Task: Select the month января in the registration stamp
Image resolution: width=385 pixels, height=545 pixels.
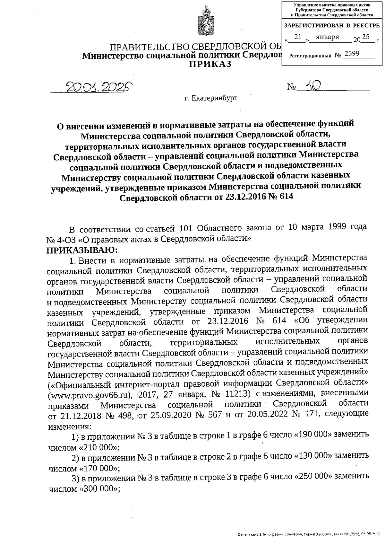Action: click(x=327, y=37)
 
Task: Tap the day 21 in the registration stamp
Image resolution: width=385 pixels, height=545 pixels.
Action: click(x=298, y=37)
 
